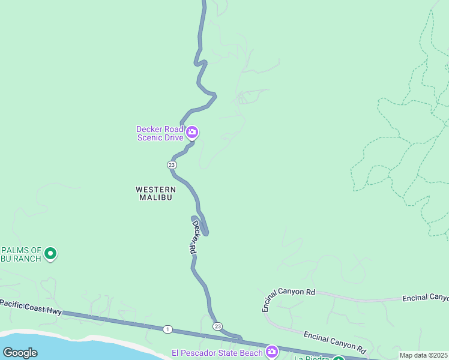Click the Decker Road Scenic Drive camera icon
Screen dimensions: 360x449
tap(192, 132)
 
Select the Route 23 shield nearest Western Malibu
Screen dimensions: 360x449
tap(172, 165)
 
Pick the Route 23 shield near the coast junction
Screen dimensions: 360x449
tap(217, 325)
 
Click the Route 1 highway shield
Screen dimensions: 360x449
tap(167, 329)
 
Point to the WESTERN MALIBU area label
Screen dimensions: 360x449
tap(155, 193)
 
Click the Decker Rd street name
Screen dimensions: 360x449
tap(194, 236)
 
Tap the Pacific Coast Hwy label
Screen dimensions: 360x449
tap(31, 307)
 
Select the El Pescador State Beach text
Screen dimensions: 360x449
tap(217, 353)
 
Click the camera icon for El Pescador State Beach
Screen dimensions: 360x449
tap(272, 351)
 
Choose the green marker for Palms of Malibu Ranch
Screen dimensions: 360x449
tap(51, 254)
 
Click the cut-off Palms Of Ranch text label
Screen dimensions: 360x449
tap(21, 254)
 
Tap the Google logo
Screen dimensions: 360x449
tap(20, 352)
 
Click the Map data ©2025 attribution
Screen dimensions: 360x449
tap(423, 355)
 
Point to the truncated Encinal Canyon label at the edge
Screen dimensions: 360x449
tap(425, 298)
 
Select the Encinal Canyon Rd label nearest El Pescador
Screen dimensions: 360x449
tap(334, 342)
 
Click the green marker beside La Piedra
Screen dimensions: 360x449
tap(338, 358)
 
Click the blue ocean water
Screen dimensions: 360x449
tap(78, 351)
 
